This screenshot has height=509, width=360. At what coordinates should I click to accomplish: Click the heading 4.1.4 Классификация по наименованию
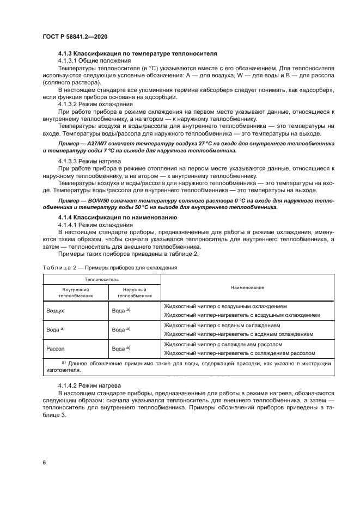point(117,217)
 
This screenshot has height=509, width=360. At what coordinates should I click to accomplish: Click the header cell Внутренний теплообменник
point(76,293)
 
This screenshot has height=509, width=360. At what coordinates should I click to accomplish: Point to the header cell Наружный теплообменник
point(135,293)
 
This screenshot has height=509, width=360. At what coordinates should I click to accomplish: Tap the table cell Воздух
point(56,310)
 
